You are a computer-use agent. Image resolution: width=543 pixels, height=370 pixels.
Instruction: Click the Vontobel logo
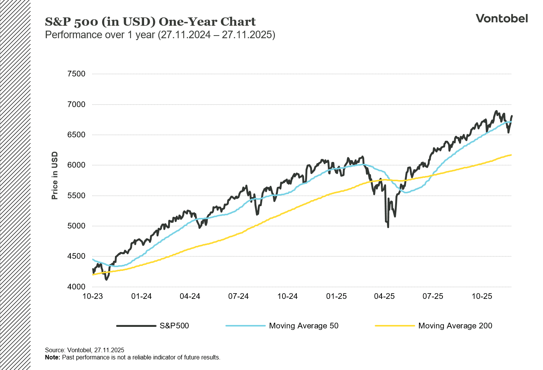501,18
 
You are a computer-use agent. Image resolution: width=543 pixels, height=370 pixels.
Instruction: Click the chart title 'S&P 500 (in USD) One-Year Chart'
150,22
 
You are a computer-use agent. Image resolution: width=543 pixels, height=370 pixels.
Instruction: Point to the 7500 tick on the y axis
76,74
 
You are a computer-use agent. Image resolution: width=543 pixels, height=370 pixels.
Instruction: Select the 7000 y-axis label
76,104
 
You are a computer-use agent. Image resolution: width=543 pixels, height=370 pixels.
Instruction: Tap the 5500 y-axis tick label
76,196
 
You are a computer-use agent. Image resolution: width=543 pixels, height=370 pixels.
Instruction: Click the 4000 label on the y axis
76,287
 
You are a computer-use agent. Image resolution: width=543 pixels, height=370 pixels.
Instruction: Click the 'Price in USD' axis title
55,176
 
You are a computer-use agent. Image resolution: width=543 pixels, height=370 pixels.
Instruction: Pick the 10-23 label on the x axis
93,296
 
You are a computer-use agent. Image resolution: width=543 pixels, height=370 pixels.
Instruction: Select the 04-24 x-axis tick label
190,296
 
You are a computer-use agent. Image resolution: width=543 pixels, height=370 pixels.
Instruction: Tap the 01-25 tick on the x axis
336,296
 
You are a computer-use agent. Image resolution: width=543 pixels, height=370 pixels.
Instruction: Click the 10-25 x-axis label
482,296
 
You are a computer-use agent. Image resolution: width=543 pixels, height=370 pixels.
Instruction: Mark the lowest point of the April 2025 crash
388,227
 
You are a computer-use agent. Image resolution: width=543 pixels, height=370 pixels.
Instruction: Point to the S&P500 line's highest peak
496,111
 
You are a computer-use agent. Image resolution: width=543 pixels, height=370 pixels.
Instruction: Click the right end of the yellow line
511,155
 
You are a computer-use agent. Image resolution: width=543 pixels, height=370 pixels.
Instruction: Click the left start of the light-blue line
93,260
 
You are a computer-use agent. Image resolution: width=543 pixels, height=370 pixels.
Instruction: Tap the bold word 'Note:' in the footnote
53,357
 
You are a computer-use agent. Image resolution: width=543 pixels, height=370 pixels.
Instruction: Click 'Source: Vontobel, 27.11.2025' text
84,350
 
